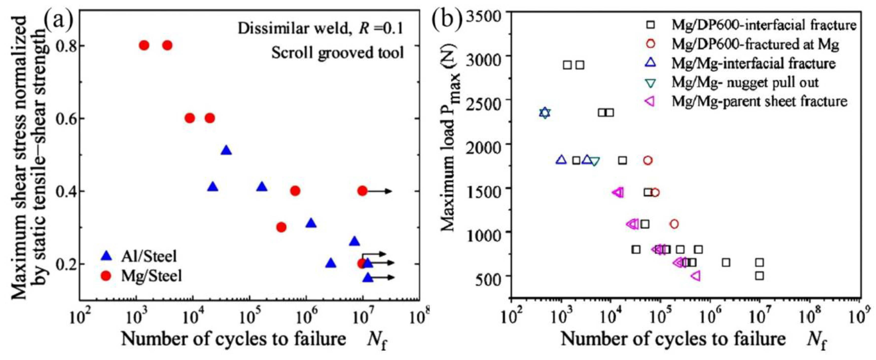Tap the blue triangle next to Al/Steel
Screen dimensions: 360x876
(x=107, y=256)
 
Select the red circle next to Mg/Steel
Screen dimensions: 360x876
(x=106, y=276)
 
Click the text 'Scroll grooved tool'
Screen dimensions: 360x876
(x=337, y=53)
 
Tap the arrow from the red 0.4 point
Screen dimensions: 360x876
(x=379, y=191)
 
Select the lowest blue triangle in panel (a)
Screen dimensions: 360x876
(x=368, y=278)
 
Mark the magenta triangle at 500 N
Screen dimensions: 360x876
(x=696, y=276)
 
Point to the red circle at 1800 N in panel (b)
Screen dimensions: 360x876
(x=648, y=160)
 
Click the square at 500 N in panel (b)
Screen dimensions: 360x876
(x=759, y=276)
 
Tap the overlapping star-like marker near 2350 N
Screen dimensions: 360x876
(x=545, y=113)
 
